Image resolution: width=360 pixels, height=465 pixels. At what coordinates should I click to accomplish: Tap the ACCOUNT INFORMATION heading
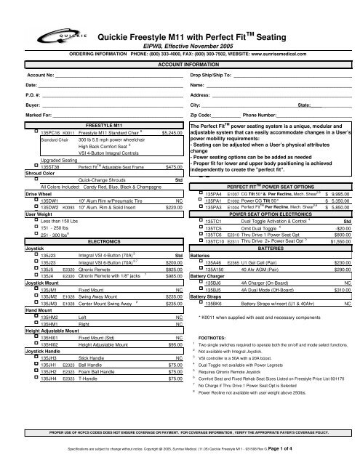pos(179,63)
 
